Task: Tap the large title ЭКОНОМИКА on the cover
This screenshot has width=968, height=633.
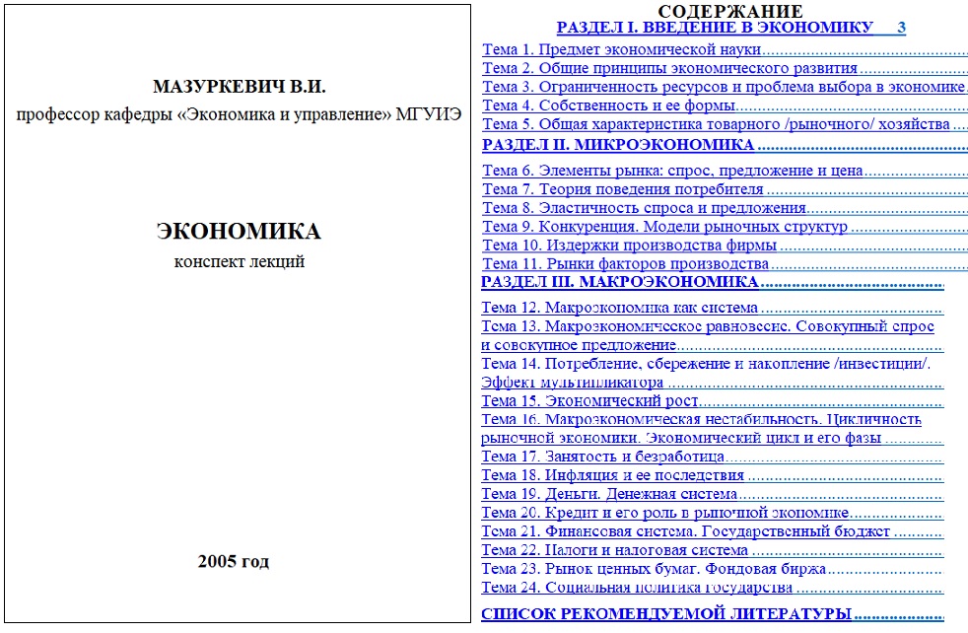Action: click(239, 232)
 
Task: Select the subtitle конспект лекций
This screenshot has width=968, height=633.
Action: click(239, 261)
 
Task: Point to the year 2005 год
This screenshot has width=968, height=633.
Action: click(233, 562)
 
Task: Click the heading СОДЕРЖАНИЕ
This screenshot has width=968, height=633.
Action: click(729, 11)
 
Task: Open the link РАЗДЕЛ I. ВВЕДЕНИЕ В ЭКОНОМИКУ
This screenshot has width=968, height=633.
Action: click(715, 28)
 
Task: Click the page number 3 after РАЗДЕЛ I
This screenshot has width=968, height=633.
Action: click(901, 28)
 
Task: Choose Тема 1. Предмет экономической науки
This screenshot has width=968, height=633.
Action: click(622, 49)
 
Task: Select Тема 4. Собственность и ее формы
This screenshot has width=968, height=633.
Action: click(609, 105)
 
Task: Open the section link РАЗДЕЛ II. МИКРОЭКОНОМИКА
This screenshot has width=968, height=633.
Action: click(618, 145)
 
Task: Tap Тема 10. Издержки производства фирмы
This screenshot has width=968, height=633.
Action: click(629, 246)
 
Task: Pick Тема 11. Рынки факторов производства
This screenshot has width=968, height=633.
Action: click(625, 264)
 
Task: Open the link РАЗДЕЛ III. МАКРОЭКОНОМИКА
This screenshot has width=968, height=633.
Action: click(620, 282)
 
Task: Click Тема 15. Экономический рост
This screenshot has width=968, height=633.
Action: click(589, 401)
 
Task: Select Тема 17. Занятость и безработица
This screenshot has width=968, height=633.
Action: click(602, 457)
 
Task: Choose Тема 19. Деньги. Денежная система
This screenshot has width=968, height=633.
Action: click(609, 494)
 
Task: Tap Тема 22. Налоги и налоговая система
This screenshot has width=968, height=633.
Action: click(614, 550)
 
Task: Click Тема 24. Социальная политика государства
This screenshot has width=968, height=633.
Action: click(637, 588)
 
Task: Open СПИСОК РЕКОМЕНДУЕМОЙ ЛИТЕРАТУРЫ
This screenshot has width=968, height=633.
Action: click(666, 615)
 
